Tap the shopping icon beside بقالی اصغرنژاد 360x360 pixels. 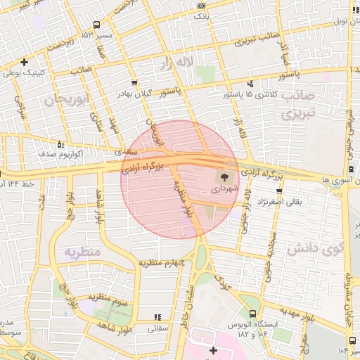point(279,191)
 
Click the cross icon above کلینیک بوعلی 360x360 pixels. point(25,62)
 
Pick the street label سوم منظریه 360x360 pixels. point(108,301)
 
